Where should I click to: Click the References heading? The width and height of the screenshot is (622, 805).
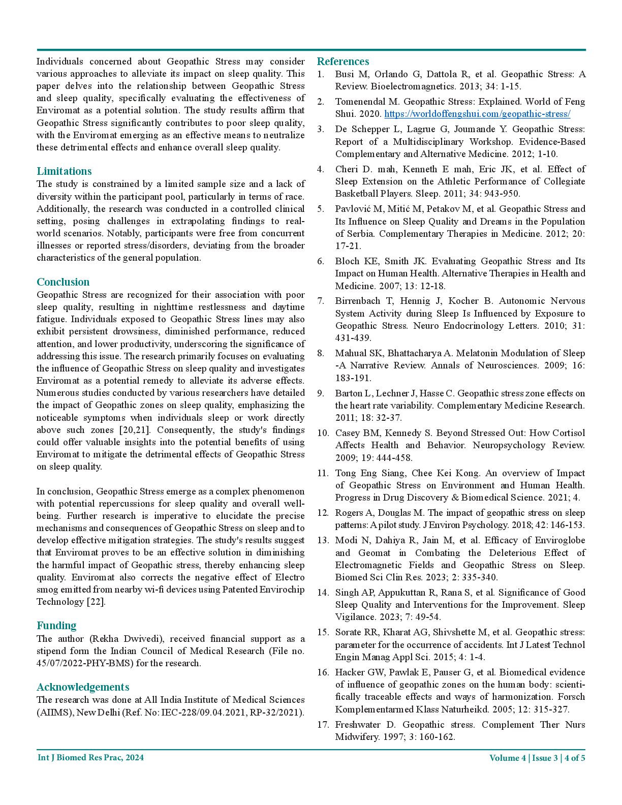[343, 61]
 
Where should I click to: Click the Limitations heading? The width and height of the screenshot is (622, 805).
[64, 171]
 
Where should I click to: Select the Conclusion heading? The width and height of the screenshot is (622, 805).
[63, 282]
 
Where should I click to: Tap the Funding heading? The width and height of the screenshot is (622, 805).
[56, 626]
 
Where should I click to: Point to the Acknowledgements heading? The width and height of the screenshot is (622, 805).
[83, 688]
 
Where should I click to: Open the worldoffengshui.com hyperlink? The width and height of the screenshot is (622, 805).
[477, 114]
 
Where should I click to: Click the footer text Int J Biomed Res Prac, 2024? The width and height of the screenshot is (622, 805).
[90, 758]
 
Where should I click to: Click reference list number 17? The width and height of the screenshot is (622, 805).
[323, 725]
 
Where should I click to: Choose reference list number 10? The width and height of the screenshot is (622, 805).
[323, 433]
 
